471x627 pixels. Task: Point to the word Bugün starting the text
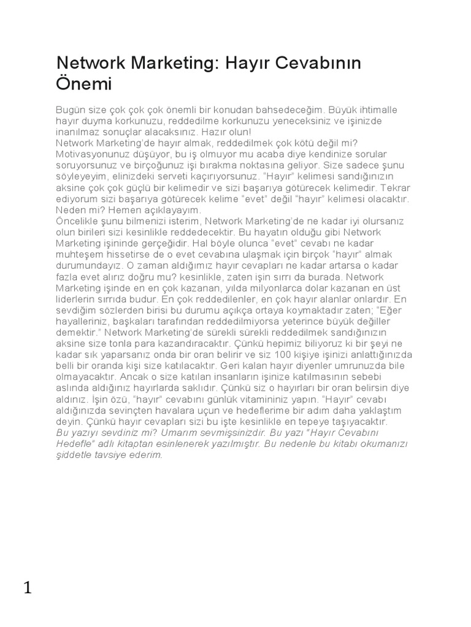click(x=69, y=110)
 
